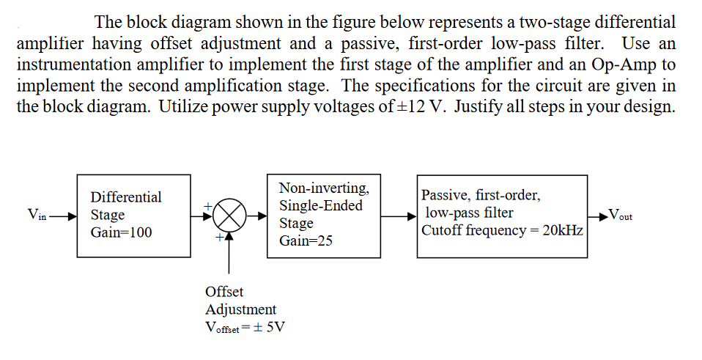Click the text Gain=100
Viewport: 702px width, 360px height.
click(121, 232)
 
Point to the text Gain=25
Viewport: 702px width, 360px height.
click(306, 240)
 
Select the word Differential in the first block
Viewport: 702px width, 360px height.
click(126, 197)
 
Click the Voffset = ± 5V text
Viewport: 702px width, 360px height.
click(244, 327)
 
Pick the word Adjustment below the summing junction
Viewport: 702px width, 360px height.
click(241, 309)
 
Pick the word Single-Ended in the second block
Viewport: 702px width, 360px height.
click(321, 205)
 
